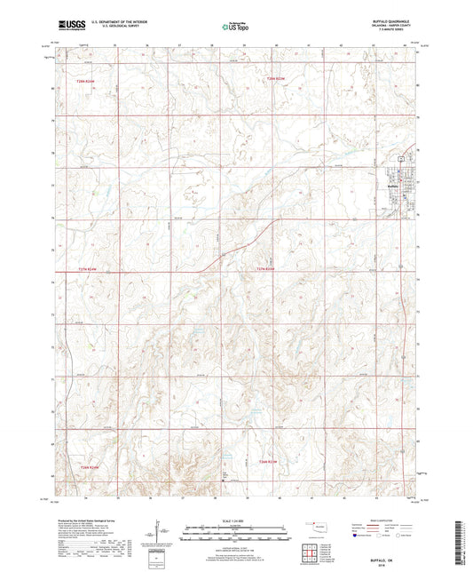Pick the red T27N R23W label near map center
266,269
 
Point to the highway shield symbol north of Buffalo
400,157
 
